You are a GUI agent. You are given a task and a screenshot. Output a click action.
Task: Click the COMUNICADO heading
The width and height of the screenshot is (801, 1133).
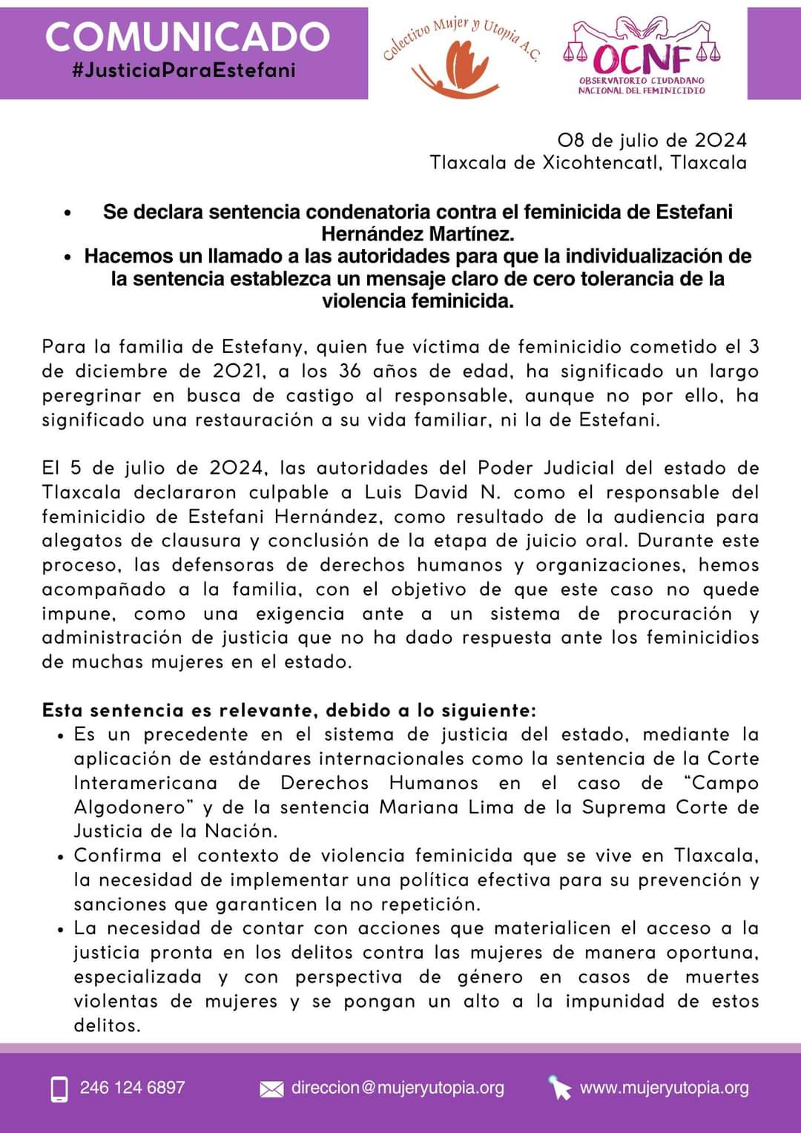(x=187, y=37)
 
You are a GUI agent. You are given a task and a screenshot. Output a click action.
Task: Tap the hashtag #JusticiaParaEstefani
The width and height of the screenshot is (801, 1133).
(x=184, y=70)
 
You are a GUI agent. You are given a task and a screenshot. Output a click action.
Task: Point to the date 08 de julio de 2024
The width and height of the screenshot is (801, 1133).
(x=652, y=140)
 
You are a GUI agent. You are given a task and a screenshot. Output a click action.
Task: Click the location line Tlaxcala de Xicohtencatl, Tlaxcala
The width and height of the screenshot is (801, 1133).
(x=588, y=162)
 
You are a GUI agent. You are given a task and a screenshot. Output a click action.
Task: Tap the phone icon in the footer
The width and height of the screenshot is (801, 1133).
(x=59, y=1089)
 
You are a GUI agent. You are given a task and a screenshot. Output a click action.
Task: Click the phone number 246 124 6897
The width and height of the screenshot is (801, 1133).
(x=132, y=1088)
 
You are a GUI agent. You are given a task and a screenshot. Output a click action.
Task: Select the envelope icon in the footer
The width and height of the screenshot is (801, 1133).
(x=271, y=1089)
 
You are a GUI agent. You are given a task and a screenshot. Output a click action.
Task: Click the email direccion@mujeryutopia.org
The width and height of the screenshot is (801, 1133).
(x=398, y=1088)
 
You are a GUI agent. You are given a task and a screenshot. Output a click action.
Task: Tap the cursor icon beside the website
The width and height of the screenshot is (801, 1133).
(x=559, y=1088)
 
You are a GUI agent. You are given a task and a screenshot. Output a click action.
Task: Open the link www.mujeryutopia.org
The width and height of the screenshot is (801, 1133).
(x=664, y=1088)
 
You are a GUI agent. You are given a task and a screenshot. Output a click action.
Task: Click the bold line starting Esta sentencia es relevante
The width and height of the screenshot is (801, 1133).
(x=289, y=710)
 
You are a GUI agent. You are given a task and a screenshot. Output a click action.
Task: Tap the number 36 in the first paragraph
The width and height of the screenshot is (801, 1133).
(x=351, y=371)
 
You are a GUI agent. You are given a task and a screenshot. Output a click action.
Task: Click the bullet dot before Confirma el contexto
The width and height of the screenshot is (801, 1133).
(x=61, y=856)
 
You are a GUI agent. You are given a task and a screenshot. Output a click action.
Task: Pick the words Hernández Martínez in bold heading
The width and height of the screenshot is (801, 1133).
(x=418, y=234)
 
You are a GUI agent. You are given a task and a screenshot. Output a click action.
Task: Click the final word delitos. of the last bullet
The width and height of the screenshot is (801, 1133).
(x=107, y=1025)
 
